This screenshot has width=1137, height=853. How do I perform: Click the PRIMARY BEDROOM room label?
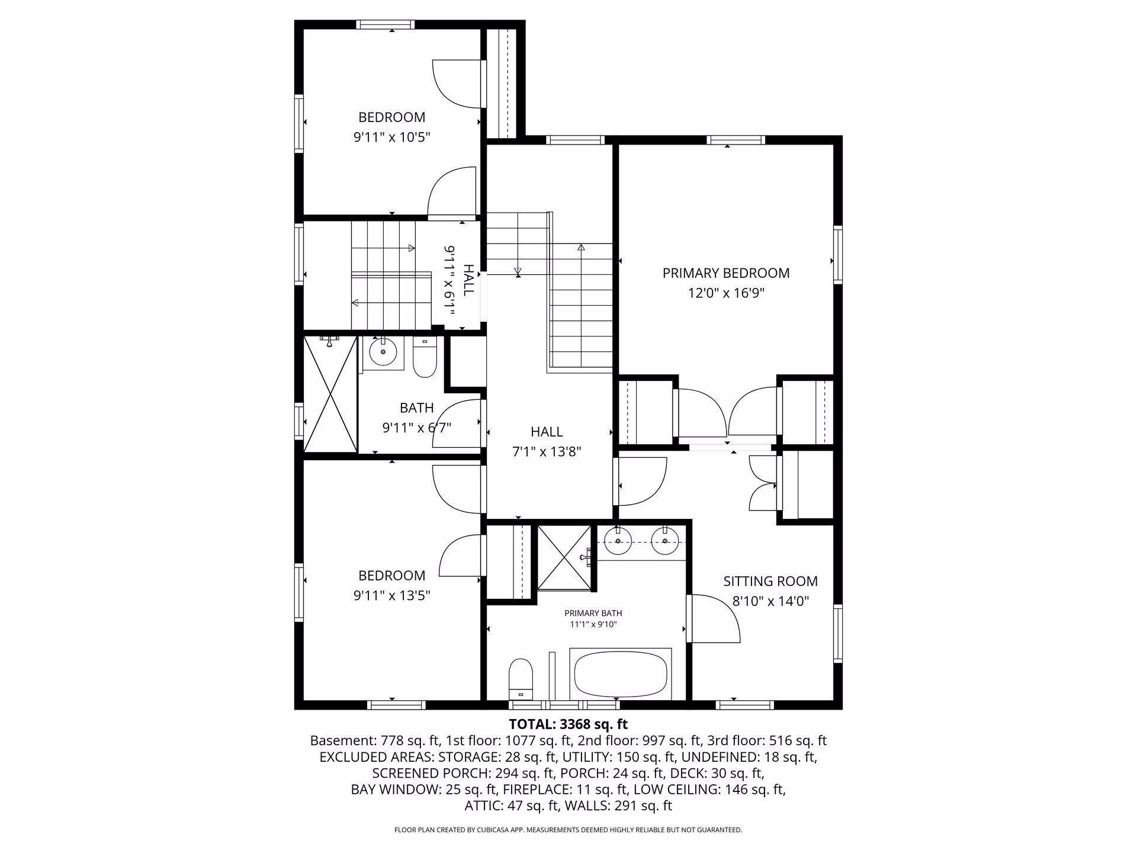pyautogui.click(x=725, y=273)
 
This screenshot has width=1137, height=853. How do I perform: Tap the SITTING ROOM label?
pyautogui.click(x=770, y=581)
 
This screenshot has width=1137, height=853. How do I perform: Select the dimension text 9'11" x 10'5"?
pyautogui.click(x=391, y=137)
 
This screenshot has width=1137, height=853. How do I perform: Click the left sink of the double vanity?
pyautogui.click(x=618, y=540)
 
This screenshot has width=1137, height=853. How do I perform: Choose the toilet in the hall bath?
pyautogui.click(x=424, y=357)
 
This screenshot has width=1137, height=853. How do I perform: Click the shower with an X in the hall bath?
pyautogui.click(x=331, y=394)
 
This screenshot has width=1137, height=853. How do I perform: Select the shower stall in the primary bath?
pyautogui.click(x=564, y=557)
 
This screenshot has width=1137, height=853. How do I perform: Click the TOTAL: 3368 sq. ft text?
pyautogui.click(x=568, y=724)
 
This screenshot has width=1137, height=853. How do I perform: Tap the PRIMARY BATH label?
pyautogui.click(x=593, y=613)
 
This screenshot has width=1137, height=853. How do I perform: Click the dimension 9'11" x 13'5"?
pyautogui.click(x=391, y=595)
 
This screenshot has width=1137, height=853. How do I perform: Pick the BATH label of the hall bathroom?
pyautogui.click(x=416, y=408)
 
